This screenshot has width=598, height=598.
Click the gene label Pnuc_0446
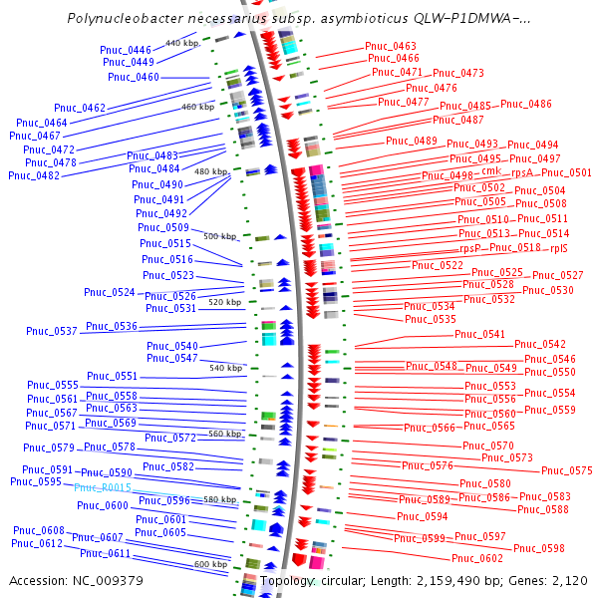[126, 50]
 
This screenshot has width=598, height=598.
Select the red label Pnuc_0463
[390, 46]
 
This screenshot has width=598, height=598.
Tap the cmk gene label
[491, 170]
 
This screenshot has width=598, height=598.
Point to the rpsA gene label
[521, 172]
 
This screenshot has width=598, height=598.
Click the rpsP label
[469, 248]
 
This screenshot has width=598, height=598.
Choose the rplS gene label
[559, 248]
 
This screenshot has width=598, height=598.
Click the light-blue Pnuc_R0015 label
[103, 487]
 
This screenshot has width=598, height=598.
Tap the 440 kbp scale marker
[182, 43]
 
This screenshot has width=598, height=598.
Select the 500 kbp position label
[220, 236]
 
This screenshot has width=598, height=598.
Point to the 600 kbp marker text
[211, 564]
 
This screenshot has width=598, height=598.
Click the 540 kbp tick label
[226, 368]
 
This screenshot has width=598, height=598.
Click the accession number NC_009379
[108, 581]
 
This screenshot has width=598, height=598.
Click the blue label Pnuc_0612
[37, 543]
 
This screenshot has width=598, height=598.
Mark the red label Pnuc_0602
[477, 559]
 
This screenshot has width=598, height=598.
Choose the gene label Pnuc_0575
[567, 470]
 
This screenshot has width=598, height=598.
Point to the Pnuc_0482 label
[34, 175]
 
